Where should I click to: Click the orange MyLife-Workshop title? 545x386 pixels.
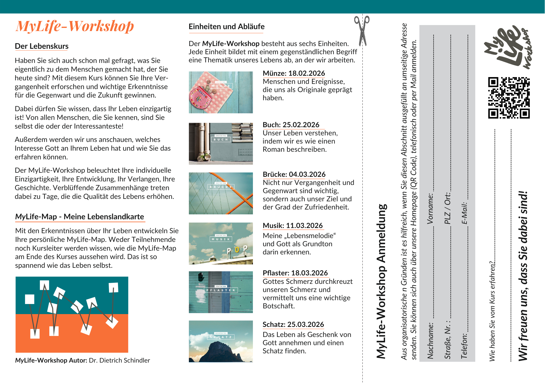coord(75,26)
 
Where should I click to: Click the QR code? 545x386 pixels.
coord(509,98)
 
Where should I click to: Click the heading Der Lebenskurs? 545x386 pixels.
coord(41,46)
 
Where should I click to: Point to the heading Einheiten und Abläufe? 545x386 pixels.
coord(226,27)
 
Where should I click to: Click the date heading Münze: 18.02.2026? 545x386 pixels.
coord(294,73)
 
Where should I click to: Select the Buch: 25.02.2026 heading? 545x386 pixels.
coord(291,125)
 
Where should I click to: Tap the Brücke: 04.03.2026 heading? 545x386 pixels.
coord(294,174)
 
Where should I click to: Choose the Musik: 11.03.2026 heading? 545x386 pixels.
coord(292,226)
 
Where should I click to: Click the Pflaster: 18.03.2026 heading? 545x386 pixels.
coord(295,273)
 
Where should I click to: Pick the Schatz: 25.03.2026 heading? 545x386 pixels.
coord(293,324)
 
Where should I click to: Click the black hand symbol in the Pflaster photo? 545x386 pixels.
coord(201,277)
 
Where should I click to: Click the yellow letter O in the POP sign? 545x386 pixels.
coord(237,250)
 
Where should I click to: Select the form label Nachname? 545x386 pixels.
coord(430,341)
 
